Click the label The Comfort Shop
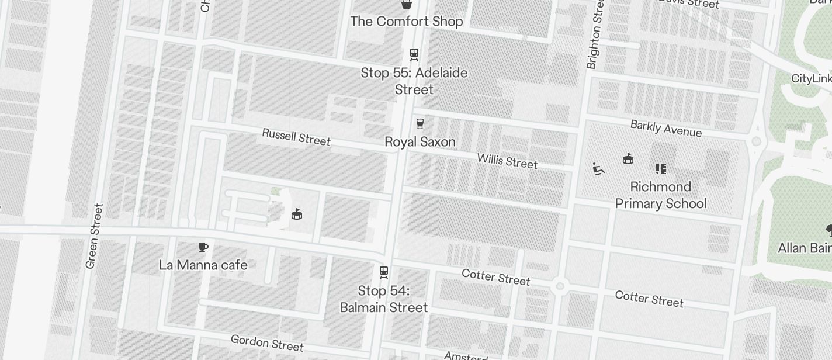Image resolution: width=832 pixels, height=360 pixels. [x=406, y=22]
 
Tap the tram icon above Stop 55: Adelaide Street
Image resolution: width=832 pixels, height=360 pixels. [x=414, y=54]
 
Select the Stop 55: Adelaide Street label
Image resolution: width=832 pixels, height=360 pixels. [x=414, y=81]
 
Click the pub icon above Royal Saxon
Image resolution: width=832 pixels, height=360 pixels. [x=420, y=123]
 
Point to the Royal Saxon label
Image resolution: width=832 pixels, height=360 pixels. [x=420, y=142]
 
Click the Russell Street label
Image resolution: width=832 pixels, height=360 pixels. [x=296, y=137]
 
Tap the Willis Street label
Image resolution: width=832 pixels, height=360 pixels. [x=507, y=161]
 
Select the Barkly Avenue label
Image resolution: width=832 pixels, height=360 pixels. [x=665, y=129]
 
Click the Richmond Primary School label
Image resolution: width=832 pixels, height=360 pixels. [x=660, y=195]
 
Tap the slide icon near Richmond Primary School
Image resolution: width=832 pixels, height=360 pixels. [x=598, y=169]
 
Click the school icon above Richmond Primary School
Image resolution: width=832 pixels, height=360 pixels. [x=660, y=169]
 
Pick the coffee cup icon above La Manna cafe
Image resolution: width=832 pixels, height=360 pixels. [x=203, y=248]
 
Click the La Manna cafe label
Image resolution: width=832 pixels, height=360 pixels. [x=203, y=265]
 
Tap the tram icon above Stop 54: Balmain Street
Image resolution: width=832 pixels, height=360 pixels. [x=384, y=272]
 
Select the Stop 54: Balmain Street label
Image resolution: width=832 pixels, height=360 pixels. [x=384, y=299]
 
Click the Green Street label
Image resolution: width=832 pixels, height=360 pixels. [x=93, y=236]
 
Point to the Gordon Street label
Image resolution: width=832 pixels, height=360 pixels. [x=267, y=343]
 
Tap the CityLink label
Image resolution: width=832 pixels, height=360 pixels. [x=811, y=79]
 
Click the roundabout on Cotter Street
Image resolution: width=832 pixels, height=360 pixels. [x=560, y=286]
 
